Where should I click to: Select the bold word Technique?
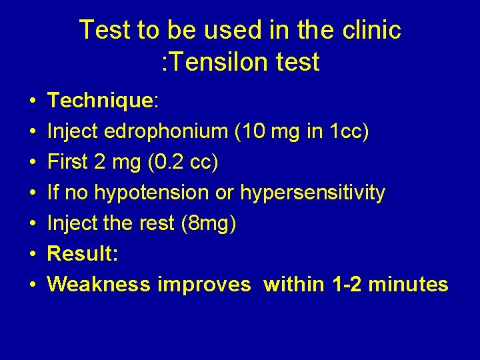(x=100, y=101)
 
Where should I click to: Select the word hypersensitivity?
(x=313, y=193)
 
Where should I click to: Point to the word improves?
(x=204, y=285)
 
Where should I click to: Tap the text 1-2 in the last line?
(x=344, y=285)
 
